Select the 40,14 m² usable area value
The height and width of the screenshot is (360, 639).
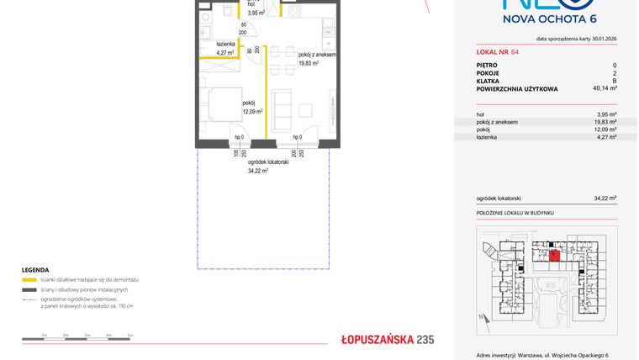pyautogui.click(x=605, y=87)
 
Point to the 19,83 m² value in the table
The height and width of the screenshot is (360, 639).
pyautogui.click(x=606, y=122)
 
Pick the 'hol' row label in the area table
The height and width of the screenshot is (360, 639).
pyautogui.click(x=479, y=114)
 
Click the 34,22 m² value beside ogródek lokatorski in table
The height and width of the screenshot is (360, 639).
pyautogui.click(x=605, y=199)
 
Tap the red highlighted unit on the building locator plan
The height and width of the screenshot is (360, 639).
pyautogui.click(x=554, y=254)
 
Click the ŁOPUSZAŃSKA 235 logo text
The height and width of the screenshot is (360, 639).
pyautogui.click(x=387, y=340)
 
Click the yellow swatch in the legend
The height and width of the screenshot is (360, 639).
pyautogui.click(x=29, y=279)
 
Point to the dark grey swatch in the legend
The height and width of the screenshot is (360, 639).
pyautogui.click(x=29, y=289)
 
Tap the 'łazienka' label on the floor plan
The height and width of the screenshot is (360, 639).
pyautogui.click(x=224, y=44)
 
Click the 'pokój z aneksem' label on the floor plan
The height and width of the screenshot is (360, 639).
pyautogui.click(x=317, y=54)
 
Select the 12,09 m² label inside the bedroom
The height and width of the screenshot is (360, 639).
pyautogui.click(x=252, y=111)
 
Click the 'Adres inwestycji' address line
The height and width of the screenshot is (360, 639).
pyautogui.click(x=542, y=356)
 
